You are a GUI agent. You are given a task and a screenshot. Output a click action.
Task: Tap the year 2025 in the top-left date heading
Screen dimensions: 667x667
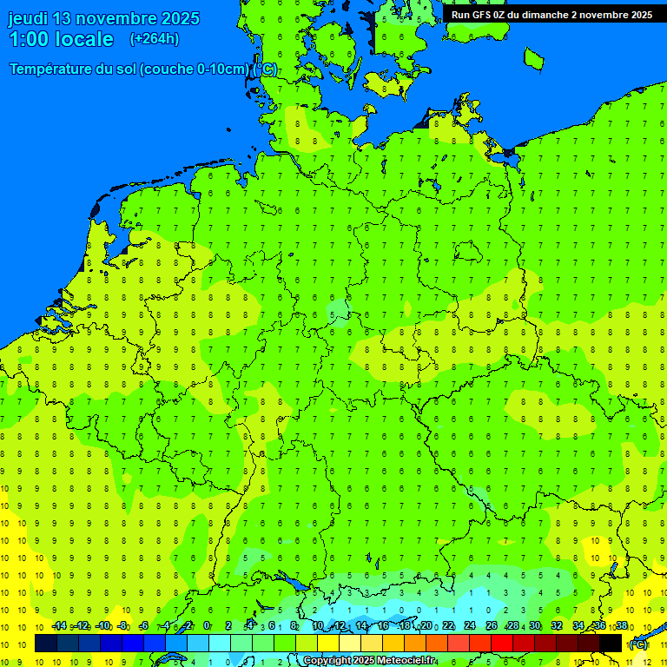click(x=177, y=18)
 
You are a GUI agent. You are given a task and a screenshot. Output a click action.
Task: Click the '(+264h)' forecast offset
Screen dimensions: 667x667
click(x=154, y=39)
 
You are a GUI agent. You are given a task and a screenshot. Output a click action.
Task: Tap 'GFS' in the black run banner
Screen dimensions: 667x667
click(x=482, y=15)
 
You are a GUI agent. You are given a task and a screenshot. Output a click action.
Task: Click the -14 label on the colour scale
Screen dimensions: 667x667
click(x=58, y=626)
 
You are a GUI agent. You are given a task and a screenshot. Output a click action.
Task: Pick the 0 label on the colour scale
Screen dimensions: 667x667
click(x=207, y=626)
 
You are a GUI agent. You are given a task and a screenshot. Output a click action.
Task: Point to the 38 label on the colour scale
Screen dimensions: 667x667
click(x=621, y=626)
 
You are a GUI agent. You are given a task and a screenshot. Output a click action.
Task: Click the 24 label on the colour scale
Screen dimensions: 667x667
click(x=469, y=626)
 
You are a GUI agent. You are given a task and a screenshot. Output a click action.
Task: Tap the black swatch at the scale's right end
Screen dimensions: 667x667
click(x=611, y=644)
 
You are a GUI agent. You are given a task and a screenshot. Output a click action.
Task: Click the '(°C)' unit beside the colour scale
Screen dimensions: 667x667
click(x=638, y=644)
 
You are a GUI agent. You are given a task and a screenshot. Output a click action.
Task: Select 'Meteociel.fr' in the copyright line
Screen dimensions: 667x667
click(x=402, y=661)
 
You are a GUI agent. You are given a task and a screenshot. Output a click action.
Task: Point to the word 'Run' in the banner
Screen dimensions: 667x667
click(x=461, y=15)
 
